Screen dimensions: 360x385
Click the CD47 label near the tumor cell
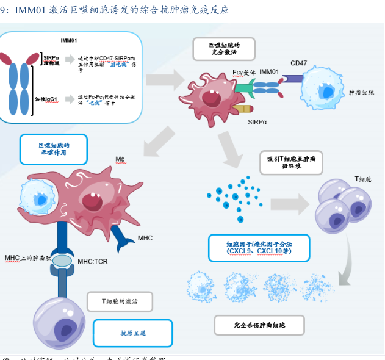[298, 63]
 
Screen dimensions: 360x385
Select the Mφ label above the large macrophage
[120, 160]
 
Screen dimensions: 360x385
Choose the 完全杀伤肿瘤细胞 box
[259, 325]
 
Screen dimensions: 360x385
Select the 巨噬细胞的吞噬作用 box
[53, 149]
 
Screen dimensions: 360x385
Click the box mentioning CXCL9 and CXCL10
[259, 247]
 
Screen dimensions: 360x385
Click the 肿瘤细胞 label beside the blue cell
[361, 93]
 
